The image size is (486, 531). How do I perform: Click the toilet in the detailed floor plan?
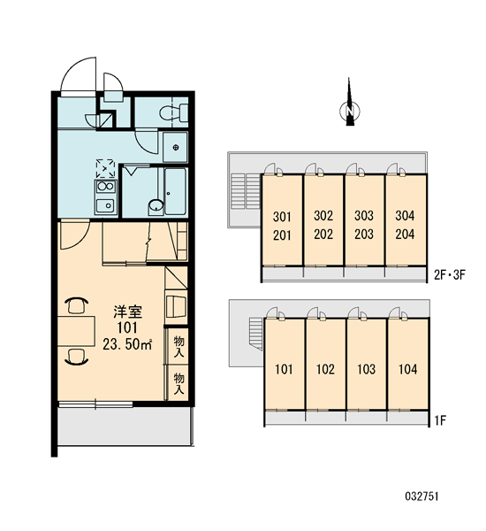coord(173,112)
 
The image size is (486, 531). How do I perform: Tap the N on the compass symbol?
coord(350,111)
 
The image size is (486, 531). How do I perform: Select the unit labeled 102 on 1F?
coord(325,364)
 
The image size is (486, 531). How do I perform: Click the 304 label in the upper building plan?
coord(405,215)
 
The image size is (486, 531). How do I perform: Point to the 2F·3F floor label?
coord(450,275)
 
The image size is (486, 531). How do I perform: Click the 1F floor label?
coord(440,420)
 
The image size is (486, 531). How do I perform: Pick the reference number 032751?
coord(421,496)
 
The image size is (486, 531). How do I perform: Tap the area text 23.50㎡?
coord(127,344)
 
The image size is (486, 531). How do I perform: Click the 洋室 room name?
coord(127,312)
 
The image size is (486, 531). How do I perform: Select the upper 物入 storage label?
coord(178,346)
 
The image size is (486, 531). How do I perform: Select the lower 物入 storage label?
coord(178,383)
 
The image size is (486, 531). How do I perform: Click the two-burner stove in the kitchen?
coord(106,187)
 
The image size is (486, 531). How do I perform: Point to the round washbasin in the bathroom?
coord(156,205)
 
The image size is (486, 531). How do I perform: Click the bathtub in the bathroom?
coord(175,191)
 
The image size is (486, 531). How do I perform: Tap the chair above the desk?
coord(76,305)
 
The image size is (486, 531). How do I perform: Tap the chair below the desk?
coord(76,357)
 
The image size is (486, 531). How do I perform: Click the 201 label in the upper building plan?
coord(282,235)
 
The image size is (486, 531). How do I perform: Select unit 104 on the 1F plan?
coord(408,364)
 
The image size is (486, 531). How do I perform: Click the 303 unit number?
coord(364,215)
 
